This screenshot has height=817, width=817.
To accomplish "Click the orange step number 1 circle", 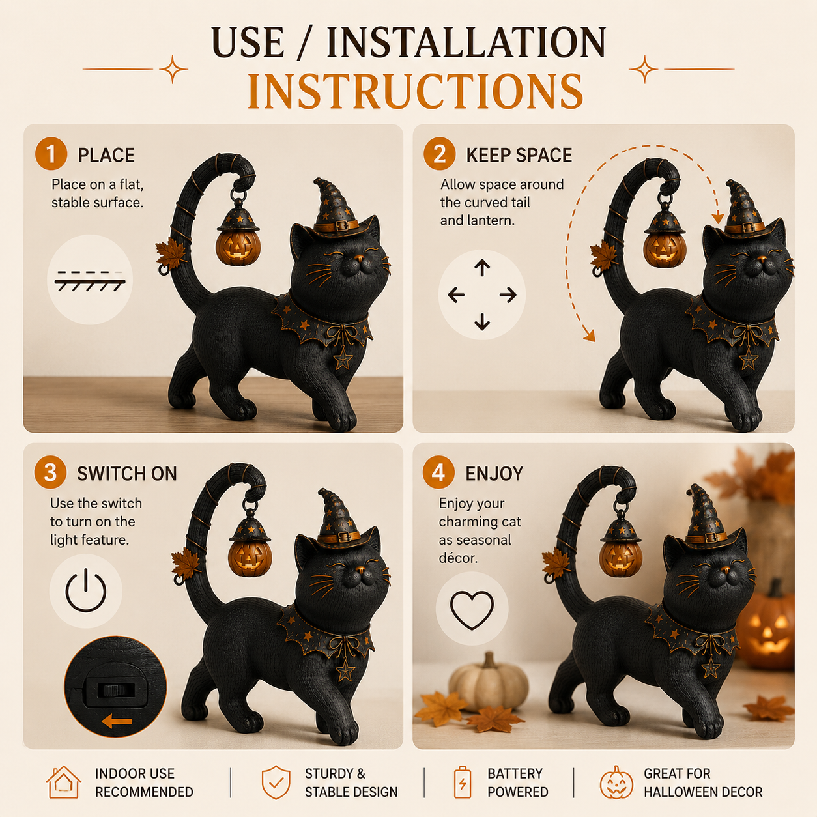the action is click(x=51, y=154).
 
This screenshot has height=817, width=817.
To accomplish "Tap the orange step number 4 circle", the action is click(x=438, y=473).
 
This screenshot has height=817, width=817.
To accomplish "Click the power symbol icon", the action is click(x=85, y=590).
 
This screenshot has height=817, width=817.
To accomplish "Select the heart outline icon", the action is click(x=472, y=610).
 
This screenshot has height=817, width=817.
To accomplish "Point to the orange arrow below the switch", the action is click(x=117, y=721).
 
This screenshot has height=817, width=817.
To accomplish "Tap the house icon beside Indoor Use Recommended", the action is click(x=64, y=782).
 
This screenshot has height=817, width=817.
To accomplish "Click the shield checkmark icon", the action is click(x=276, y=782).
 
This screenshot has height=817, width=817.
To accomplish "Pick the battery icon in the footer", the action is click(x=463, y=782).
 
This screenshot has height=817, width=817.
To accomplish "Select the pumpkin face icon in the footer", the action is click(x=616, y=782).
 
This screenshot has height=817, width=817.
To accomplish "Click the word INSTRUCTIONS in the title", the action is click(x=415, y=91).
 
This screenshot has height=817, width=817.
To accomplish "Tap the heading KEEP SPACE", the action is click(x=519, y=155).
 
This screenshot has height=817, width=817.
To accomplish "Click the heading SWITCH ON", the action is click(x=127, y=474).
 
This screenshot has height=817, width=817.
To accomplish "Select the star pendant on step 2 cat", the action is click(x=748, y=358).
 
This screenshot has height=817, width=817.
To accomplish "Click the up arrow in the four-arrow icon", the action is click(x=482, y=268).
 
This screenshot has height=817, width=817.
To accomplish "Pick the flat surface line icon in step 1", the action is click(x=90, y=280).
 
